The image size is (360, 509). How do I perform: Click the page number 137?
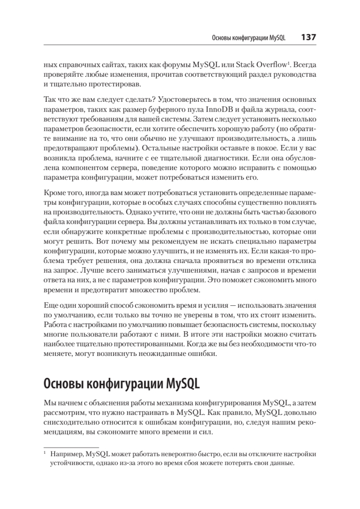tap(308, 37)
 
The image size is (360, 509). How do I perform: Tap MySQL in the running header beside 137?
tap(278, 38)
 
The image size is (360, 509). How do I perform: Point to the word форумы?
tap(175, 66)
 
